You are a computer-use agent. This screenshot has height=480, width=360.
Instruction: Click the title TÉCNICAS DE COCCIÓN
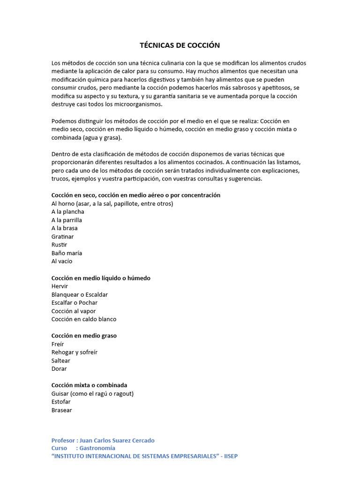(180, 45)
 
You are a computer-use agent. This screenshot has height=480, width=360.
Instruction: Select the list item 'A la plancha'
(68, 212)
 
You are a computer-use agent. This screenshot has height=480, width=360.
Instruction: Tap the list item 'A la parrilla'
(67, 220)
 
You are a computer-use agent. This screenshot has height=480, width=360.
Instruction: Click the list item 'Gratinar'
(63, 237)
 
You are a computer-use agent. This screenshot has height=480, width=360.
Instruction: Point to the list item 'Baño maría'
(67, 253)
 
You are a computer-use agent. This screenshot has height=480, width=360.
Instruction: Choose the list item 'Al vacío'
(62, 262)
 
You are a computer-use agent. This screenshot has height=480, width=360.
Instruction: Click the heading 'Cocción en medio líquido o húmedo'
(101, 278)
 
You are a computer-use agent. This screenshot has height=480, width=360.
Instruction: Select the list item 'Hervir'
(60, 286)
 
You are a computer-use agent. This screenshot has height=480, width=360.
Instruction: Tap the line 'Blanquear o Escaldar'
(80, 295)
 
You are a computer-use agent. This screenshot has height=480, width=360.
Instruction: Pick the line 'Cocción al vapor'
(74, 311)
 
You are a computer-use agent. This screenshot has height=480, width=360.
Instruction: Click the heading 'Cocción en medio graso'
(84, 336)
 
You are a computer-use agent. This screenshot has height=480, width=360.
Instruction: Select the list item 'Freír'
(58, 344)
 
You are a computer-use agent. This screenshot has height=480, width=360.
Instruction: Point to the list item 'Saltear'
(61, 360)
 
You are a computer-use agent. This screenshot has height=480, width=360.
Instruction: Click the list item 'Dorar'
(59, 369)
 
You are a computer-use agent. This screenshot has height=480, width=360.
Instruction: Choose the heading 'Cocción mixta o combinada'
(89, 385)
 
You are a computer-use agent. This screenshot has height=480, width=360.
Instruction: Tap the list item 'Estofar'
(61, 402)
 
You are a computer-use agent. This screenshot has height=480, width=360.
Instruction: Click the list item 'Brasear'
(62, 410)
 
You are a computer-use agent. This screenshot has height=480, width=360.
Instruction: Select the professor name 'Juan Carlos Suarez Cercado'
(117, 441)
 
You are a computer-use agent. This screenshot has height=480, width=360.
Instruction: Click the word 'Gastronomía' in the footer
(97, 448)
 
